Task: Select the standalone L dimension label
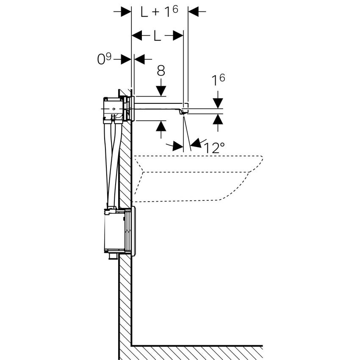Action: (157, 36)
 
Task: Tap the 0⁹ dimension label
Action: (104, 59)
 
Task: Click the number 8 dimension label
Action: (161, 71)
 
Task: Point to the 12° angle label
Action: (214, 148)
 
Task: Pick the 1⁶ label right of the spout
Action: (218, 80)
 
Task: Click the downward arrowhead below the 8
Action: (161, 91)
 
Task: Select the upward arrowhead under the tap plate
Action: (161, 126)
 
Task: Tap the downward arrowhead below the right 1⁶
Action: (218, 103)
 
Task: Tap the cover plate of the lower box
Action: (133, 231)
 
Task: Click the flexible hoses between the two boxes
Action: (111, 165)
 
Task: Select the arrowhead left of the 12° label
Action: (177, 147)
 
